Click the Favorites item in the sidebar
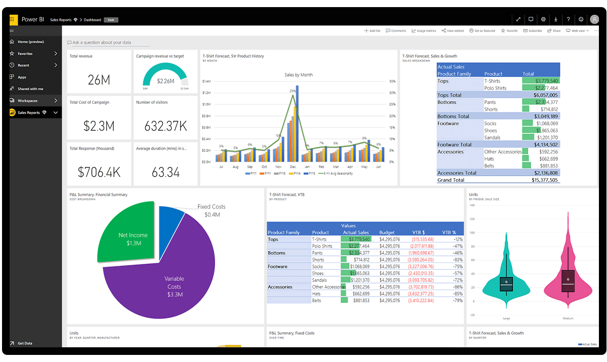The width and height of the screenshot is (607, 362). click(25, 54)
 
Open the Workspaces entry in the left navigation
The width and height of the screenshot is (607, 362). click(27, 101)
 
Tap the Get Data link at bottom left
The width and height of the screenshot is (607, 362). click(25, 343)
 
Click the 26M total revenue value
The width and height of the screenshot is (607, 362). click(99, 79)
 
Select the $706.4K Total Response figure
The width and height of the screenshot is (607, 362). click(99, 172)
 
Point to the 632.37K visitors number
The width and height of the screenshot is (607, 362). click(165, 126)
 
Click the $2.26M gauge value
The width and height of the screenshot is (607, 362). click(165, 81)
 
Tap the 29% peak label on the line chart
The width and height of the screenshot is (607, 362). click(292, 91)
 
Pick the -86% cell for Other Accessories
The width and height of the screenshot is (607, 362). click(458, 287)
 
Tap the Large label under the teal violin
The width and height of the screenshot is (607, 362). click(506, 318)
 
